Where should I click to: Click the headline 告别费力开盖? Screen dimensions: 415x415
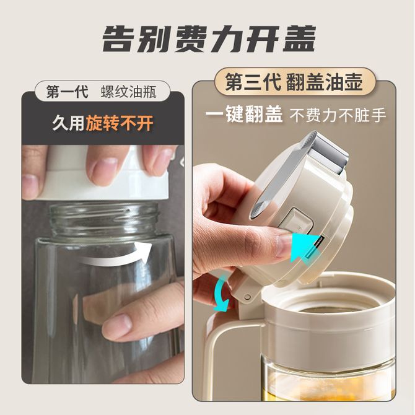click(209, 39)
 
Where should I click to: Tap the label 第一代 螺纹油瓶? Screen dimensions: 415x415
click(102, 92)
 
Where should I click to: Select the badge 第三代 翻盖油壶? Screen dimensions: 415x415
click(294, 82)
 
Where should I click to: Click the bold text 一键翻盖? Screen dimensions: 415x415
click(244, 115)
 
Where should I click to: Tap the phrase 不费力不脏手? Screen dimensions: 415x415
click(338, 115)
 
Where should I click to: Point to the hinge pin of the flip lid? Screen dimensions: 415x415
click(247, 297)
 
